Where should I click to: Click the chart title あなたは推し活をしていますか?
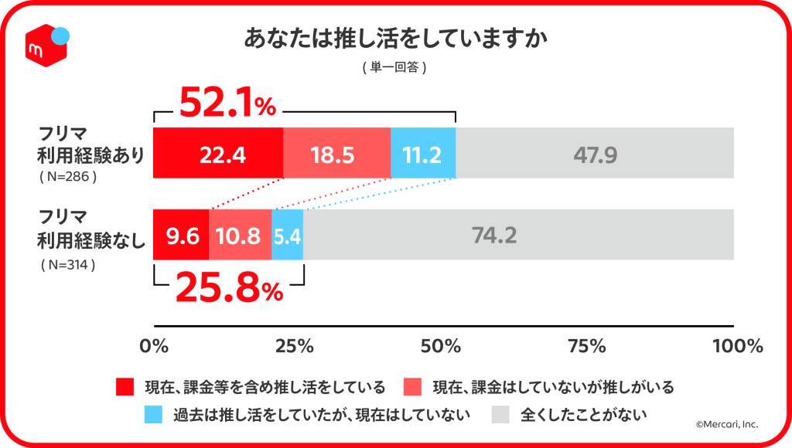pos(395,39)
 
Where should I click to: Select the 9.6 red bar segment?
pos(182,235)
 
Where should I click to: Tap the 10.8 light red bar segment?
pos(240,235)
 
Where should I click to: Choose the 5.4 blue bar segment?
pos(287,235)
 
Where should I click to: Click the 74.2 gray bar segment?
pos(518,235)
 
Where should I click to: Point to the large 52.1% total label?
pos(227,104)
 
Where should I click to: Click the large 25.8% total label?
pos(227,290)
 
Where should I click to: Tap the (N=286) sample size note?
pos(67,177)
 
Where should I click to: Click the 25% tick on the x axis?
pos(299,346)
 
